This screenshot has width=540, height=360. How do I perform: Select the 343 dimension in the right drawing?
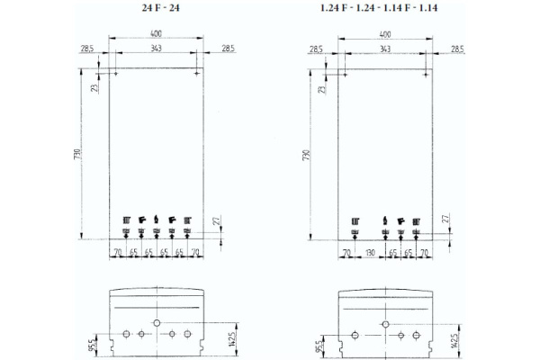pyautogui.click(x=385, y=48)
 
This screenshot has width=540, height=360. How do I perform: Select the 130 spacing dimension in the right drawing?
pyautogui.click(x=369, y=253)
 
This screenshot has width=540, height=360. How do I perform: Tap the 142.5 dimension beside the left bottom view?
pyautogui.click(x=230, y=337)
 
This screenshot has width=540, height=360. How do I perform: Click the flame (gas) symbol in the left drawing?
pyautogui.click(x=157, y=219)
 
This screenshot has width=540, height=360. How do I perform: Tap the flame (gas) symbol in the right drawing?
pyautogui.click(x=385, y=219)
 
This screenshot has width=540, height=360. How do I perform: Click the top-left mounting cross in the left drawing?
pyautogui.click(x=116, y=75)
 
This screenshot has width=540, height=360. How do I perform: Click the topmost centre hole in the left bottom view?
pyautogui.click(x=157, y=321)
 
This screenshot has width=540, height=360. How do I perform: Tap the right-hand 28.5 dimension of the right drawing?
pyautogui.click(x=456, y=48)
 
